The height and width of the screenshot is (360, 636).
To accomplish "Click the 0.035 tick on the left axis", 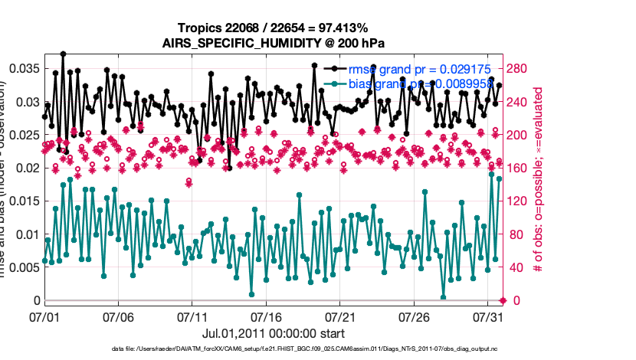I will [22, 69].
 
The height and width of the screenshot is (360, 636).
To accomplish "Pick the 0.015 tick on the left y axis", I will [22, 201].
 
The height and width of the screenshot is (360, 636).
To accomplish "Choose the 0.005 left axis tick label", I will [22, 267].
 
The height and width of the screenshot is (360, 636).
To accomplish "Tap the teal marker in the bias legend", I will [334, 83].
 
